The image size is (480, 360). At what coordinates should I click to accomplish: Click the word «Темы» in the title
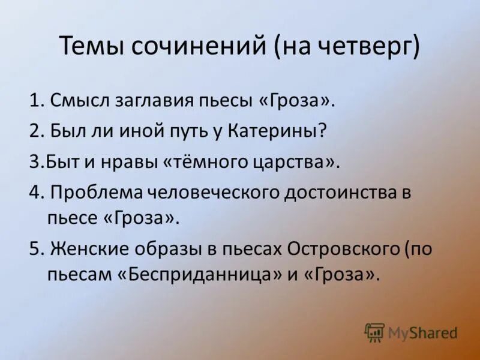click(89, 46)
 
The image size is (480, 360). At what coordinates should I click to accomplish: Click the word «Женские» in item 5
click(89, 248)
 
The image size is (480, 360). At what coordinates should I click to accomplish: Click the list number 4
click(35, 193)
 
